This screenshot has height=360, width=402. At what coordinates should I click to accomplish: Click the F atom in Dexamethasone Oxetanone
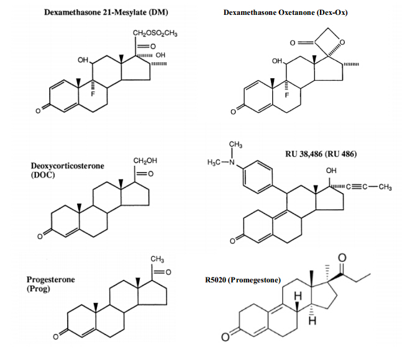[x=287, y=96]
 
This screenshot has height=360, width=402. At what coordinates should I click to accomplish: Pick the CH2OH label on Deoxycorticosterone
[x=145, y=161]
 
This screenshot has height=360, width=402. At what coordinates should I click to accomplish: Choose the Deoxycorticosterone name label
[x=68, y=166]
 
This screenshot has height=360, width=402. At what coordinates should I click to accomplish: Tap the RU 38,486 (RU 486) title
[x=321, y=154]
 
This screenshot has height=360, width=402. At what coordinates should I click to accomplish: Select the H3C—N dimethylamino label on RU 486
[x=221, y=163]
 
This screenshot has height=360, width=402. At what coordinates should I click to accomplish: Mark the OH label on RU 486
[x=331, y=171]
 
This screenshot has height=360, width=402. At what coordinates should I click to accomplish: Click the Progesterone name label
[x=52, y=280]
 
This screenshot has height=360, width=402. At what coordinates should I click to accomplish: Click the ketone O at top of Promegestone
[x=340, y=257]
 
